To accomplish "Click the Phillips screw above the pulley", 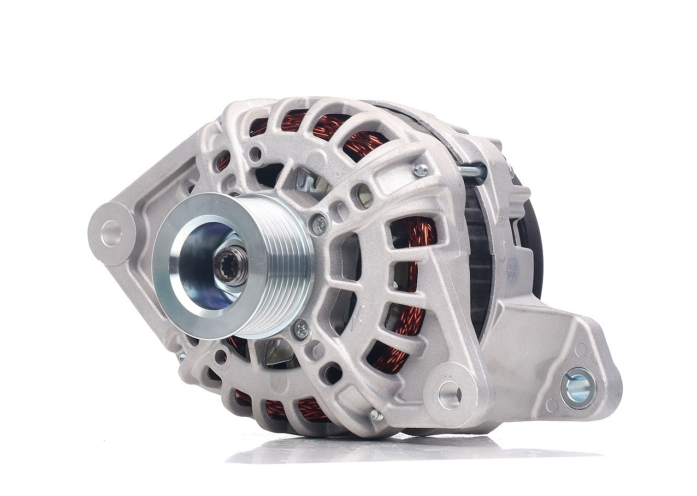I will point(319,223).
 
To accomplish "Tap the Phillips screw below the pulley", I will point(301,329).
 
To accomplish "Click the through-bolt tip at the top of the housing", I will point(420,170).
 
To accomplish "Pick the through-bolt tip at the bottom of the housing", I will point(376,416).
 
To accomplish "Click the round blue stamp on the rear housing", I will point(512,271).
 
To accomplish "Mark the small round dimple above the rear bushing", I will point(581,350).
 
